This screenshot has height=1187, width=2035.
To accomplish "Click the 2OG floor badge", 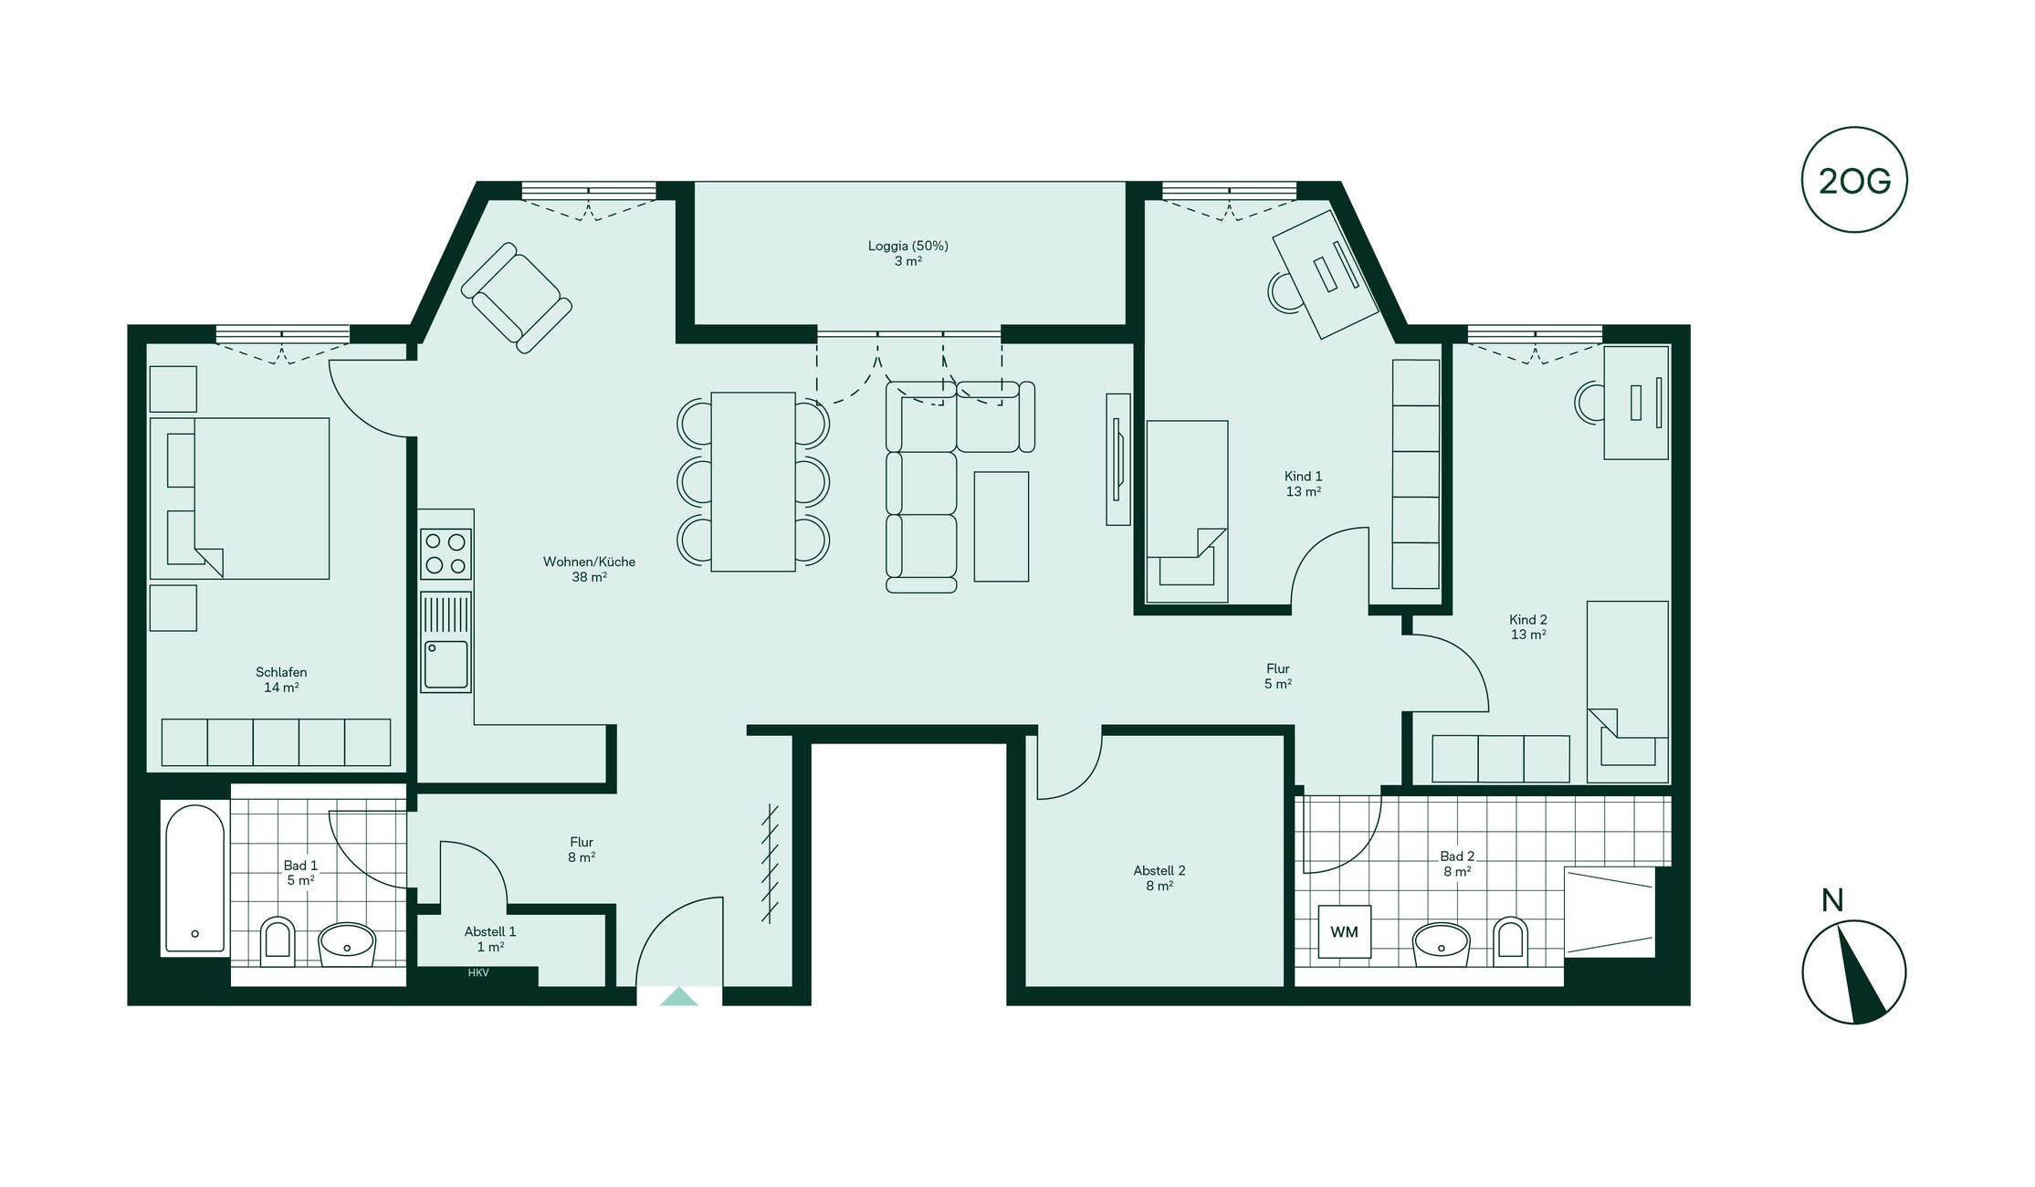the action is (1854, 180).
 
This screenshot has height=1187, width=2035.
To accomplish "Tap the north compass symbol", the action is (1854, 972).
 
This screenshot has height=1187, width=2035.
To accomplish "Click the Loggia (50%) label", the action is (907, 246).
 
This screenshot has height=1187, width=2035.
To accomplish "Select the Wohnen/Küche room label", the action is (589, 562).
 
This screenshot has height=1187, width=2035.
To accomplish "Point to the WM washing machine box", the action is (1344, 931).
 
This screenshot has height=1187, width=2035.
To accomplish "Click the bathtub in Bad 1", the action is (194, 878).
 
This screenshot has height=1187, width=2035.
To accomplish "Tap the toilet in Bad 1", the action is (278, 941).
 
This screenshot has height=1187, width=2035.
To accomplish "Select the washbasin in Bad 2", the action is (1441, 944).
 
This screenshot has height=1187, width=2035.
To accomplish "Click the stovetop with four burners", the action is (446, 554).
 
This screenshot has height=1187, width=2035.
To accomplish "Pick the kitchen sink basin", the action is (446, 665).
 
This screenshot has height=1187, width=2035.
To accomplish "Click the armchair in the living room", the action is (517, 298).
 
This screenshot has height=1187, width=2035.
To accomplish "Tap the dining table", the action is (753, 482).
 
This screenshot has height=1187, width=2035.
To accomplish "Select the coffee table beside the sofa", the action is (1002, 527).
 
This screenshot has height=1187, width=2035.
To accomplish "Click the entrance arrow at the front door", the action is (678, 996).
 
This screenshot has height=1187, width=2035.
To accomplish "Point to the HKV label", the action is (478, 973).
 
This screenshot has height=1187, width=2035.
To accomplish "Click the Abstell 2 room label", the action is (1159, 870).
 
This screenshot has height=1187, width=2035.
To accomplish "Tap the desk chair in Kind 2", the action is (1589, 402).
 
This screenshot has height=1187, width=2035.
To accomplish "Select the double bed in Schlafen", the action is (240, 499).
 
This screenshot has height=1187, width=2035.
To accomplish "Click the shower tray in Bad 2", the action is (1610, 911).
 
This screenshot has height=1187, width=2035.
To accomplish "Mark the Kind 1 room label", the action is (1303, 476).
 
